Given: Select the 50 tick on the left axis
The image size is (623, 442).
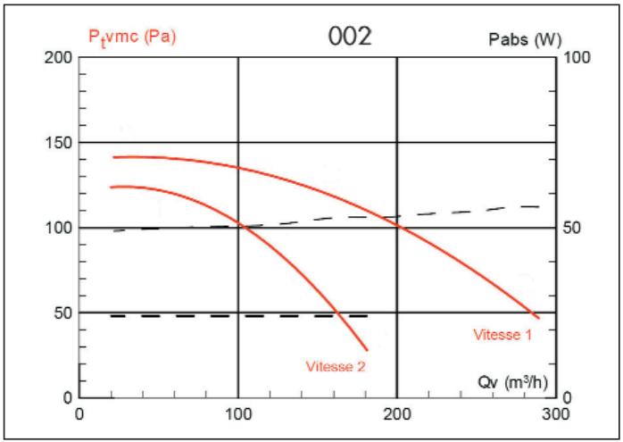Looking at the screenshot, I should pyautogui.click(x=58, y=313).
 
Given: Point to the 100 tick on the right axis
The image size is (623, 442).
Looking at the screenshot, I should pyautogui.click(x=574, y=58).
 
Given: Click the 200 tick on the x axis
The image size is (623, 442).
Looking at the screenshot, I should pyautogui.click(x=396, y=414).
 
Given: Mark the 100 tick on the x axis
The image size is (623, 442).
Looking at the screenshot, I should pyautogui.click(x=238, y=414).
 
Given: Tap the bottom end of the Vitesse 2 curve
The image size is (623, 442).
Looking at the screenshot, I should pyautogui.click(x=366, y=349).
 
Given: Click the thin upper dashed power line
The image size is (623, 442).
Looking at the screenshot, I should pyautogui.click(x=357, y=217).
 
